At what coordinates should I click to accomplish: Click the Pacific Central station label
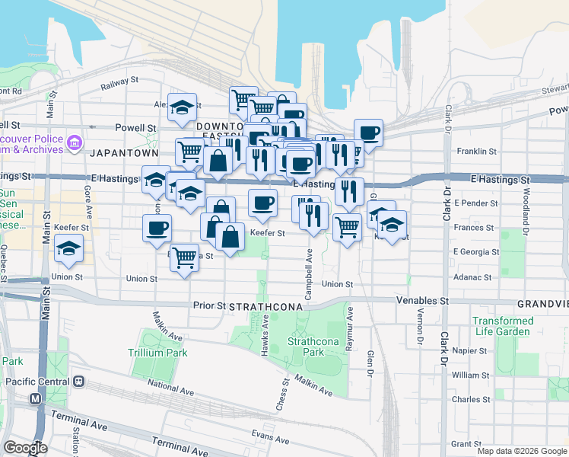[37, 381]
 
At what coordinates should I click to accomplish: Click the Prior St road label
[209, 305]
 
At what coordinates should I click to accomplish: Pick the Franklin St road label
[476, 152]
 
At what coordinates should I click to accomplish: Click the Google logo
[26, 448]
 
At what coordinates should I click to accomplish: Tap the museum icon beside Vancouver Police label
[75, 142]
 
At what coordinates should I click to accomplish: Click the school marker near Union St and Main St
[69, 249]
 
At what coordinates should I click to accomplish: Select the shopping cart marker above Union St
[184, 257]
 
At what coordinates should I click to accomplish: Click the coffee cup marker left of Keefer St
[157, 227]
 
